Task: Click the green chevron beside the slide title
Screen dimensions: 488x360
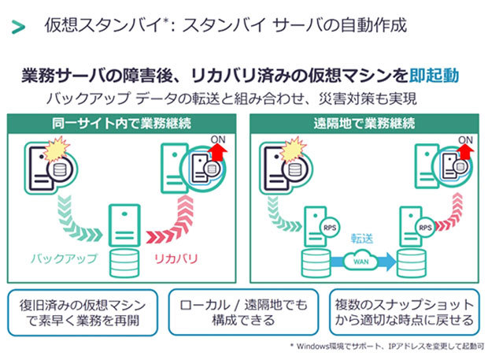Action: tap(18, 27)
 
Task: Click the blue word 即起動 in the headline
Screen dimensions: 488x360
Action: tap(434, 76)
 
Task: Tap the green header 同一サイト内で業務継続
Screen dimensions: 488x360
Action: tap(121, 124)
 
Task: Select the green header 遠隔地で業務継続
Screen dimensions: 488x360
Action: tap(364, 124)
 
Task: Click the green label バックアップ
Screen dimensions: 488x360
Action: tap(64, 258)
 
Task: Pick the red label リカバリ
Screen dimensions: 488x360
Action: tap(176, 258)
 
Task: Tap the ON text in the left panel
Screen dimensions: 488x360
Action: tap(218, 139)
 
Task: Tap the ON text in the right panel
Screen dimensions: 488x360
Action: tap(465, 140)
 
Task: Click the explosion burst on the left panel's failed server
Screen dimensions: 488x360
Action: tap(56, 149)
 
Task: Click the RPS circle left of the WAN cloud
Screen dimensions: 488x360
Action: tap(330, 228)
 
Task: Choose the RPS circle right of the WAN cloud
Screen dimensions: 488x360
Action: tap(425, 228)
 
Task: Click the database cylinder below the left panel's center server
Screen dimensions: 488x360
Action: tap(124, 263)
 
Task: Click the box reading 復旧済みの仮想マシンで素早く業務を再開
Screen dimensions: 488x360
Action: tap(83, 313)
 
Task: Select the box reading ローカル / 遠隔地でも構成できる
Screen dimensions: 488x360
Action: tap(243, 313)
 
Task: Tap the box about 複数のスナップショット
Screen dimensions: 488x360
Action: tap(405, 313)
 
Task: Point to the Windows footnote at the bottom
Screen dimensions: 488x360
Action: tap(386, 346)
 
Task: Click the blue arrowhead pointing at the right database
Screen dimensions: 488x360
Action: tap(390, 261)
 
